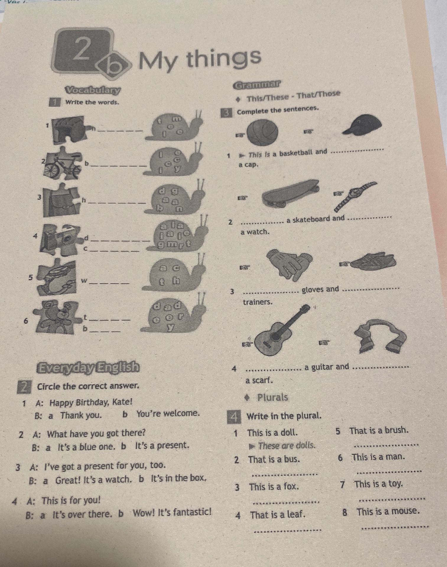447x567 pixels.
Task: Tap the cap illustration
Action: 364,126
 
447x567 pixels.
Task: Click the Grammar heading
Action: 257,84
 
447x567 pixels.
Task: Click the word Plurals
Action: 273,397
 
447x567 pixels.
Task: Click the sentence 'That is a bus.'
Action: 274,460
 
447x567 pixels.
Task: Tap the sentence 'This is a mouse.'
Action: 388,511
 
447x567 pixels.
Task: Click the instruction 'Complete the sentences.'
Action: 278,110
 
